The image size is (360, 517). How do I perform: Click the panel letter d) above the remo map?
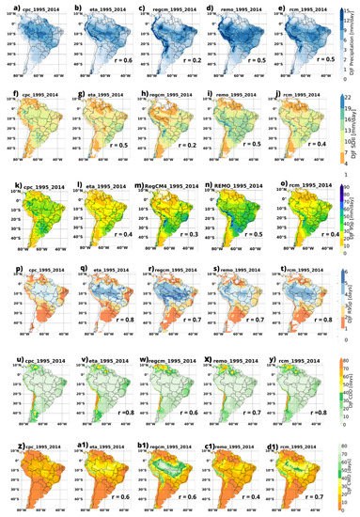(x=210, y=8)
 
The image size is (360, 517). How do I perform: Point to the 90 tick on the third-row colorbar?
(x=347, y=181)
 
